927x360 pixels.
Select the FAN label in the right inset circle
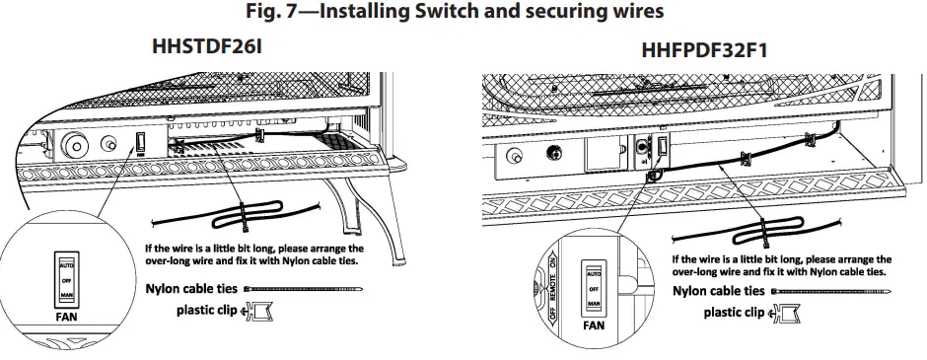(x=594, y=324)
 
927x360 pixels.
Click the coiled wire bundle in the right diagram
(x=763, y=234)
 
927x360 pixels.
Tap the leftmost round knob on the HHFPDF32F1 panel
(x=514, y=157)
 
